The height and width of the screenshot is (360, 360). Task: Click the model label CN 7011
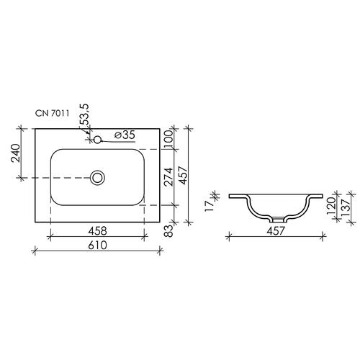(x=53, y=113)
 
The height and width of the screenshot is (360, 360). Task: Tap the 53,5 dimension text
(x=85, y=114)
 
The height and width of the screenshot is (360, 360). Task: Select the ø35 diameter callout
(x=125, y=135)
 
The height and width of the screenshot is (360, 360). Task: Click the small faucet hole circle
(x=97, y=140)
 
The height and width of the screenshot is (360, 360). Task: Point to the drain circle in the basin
(x=97, y=178)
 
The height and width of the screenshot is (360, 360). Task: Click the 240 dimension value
(x=16, y=153)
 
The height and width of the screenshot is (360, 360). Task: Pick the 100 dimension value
(x=168, y=139)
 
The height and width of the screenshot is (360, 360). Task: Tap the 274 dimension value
(x=168, y=177)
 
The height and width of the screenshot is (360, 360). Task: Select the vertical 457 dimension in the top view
(x=184, y=176)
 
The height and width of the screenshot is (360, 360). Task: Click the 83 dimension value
(x=169, y=231)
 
